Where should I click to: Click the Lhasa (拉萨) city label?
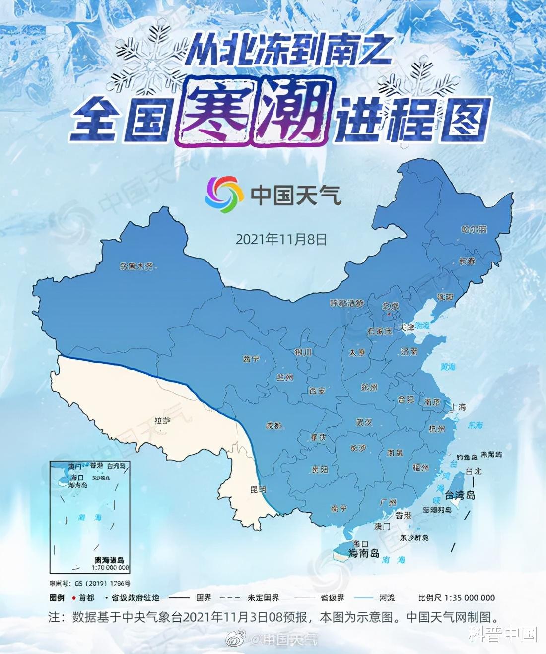(x=162, y=421)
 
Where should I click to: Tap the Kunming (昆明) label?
(x=258, y=489)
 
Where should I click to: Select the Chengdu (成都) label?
(x=273, y=426)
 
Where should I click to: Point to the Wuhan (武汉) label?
(x=364, y=422)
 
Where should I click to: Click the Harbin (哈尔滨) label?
(x=474, y=229)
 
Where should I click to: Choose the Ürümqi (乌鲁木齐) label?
(x=136, y=266)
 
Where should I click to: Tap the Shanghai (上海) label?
(x=458, y=407)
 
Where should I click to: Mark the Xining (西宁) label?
(x=251, y=359)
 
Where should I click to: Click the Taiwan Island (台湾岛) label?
(x=460, y=495)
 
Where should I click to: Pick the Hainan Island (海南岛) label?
(x=364, y=553)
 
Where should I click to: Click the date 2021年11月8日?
(x=281, y=239)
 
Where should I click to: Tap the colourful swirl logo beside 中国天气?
(x=224, y=194)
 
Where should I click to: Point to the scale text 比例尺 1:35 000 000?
(x=457, y=598)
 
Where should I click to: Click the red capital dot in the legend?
(x=74, y=598)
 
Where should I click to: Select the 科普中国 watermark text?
(x=502, y=634)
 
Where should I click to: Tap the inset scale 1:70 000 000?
(x=110, y=567)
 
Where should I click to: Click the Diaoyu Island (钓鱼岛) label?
(x=467, y=458)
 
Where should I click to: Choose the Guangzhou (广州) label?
(x=388, y=503)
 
